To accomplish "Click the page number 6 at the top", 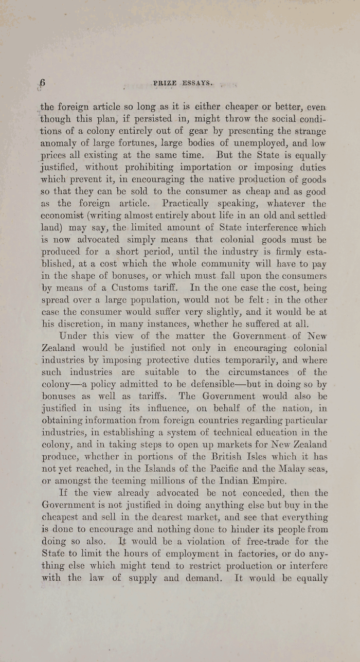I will tap(43, 83).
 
